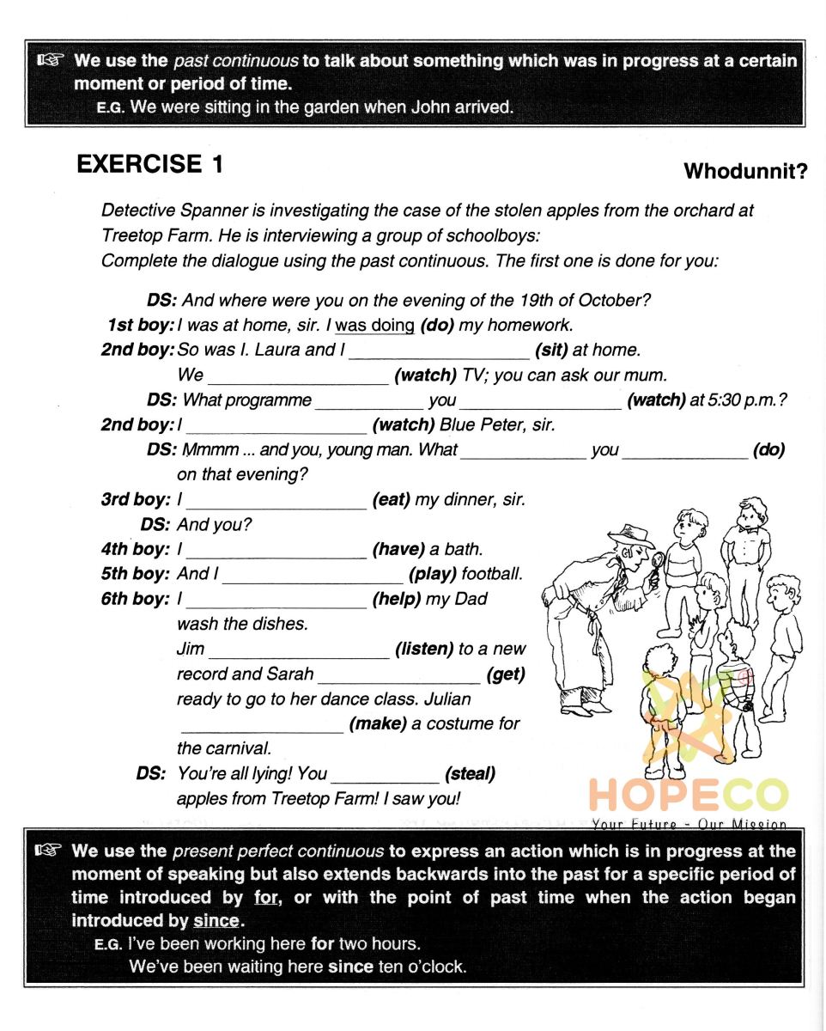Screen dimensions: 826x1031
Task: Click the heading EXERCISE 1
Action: [150, 164]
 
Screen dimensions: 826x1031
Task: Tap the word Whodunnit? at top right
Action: [745, 172]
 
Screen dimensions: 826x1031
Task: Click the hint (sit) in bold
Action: [551, 351]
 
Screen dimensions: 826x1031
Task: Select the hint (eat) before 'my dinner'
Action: [391, 500]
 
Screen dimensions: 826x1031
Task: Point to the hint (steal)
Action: [470, 773]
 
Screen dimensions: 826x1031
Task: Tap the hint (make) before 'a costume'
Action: [378, 723]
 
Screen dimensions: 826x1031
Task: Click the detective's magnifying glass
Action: [659, 564]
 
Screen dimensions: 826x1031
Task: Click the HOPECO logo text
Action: [687, 796]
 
